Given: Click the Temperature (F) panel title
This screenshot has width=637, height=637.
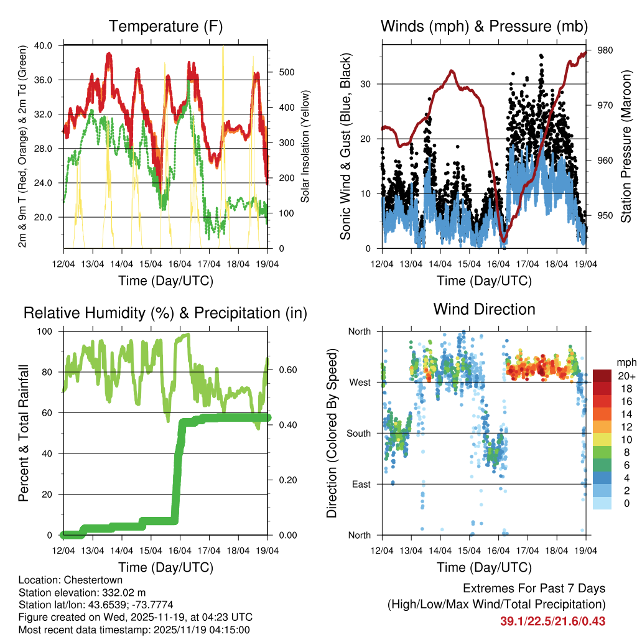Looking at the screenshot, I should pos(165,27).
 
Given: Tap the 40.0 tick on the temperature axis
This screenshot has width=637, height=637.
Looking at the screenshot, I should pos(50,45).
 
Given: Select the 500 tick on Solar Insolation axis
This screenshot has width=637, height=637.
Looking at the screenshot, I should pos(286,72).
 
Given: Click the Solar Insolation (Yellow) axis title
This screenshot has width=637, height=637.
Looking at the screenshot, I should pos(305,147).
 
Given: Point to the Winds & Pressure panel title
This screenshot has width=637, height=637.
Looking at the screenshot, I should pos(484,27).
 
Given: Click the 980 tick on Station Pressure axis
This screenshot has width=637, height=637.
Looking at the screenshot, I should pos(605,50).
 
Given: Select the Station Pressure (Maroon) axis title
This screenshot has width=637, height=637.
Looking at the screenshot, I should pos(626,147).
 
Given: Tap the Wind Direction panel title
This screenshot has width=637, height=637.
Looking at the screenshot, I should pos(484,309).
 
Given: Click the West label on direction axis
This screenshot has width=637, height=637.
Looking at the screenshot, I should pos(360,382).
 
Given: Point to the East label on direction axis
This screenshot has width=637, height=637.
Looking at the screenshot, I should pos(361,484).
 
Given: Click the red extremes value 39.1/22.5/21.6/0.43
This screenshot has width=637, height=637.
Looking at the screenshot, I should pos(552,621).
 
